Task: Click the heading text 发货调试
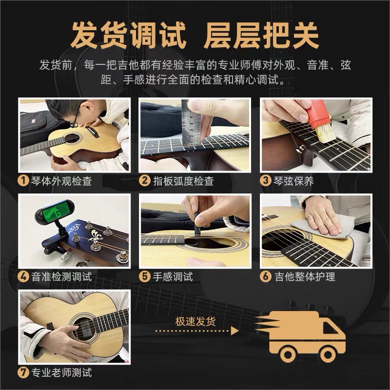(129, 35)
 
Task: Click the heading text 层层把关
(261, 35)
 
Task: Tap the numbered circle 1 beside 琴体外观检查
(23, 181)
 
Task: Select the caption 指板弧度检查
(183, 181)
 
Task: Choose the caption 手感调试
(173, 276)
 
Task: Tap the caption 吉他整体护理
(304, 276)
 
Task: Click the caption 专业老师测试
(61, 373)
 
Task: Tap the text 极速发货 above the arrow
(195, 321)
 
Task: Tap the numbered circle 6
(266, 276)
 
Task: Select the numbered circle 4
(23, 276)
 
